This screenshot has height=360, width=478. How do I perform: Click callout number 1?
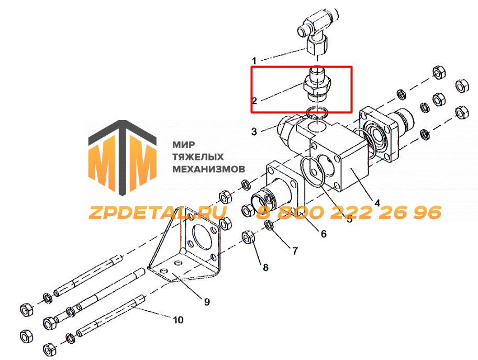click(254, 60)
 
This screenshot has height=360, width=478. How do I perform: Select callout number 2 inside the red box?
click(254, 101)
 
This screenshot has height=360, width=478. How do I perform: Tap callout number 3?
click(254, 132)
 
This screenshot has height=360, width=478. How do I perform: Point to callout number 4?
click(377, 203)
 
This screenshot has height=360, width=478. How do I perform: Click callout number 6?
click(324, 234)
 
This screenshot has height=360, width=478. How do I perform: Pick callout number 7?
click(295, 251)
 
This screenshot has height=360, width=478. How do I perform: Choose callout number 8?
click(265, 268)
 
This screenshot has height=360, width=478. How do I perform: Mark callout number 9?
click(207, 302)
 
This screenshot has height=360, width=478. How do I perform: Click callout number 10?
click(178, 320)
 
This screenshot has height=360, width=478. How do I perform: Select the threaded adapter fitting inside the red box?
click(317, 84)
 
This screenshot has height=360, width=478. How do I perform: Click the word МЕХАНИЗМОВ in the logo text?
click(208, 169)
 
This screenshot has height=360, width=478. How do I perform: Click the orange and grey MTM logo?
click(122, 157)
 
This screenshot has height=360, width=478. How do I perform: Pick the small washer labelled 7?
click(269, 225)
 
